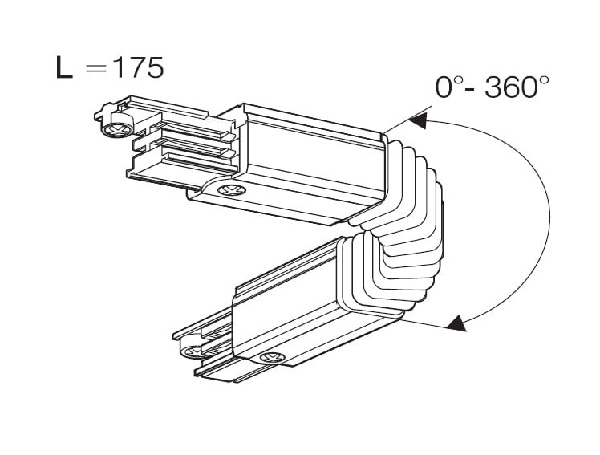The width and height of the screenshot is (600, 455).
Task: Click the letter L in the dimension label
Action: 64,68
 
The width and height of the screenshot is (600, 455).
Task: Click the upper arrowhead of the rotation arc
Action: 418,121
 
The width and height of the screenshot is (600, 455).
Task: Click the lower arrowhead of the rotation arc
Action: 455,323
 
